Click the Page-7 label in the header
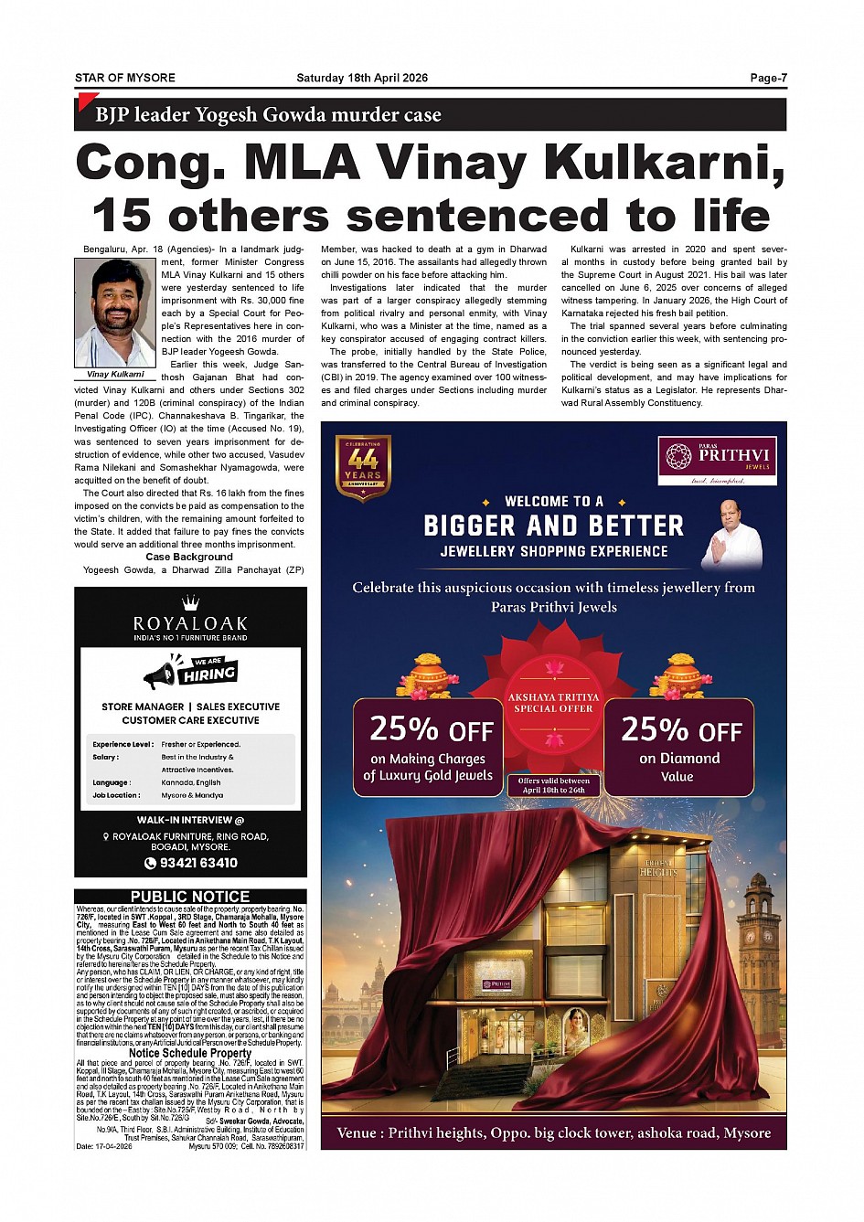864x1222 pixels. pos(768,78)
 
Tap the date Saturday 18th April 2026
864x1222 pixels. pos(362,78)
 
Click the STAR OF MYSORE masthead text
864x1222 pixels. pos(125,78)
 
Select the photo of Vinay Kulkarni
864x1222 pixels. pos(115,313)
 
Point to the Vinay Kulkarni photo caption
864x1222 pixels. pos(115,375)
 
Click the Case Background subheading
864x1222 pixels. pos(189,557)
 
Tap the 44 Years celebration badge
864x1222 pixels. pos(363,468)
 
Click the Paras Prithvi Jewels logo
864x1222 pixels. pos(717,461)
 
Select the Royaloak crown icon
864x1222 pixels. pos(190,602)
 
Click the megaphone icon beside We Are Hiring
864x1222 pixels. pos(160,675)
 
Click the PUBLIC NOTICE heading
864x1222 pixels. pos(190,897)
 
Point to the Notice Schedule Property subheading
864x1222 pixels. pos(190,1053)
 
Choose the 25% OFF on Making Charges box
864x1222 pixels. pos(428,747)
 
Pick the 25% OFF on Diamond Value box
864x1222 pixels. pos(678,747)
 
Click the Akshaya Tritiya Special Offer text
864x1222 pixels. pos(553,703)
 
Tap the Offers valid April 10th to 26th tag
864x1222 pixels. pos(554,785)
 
